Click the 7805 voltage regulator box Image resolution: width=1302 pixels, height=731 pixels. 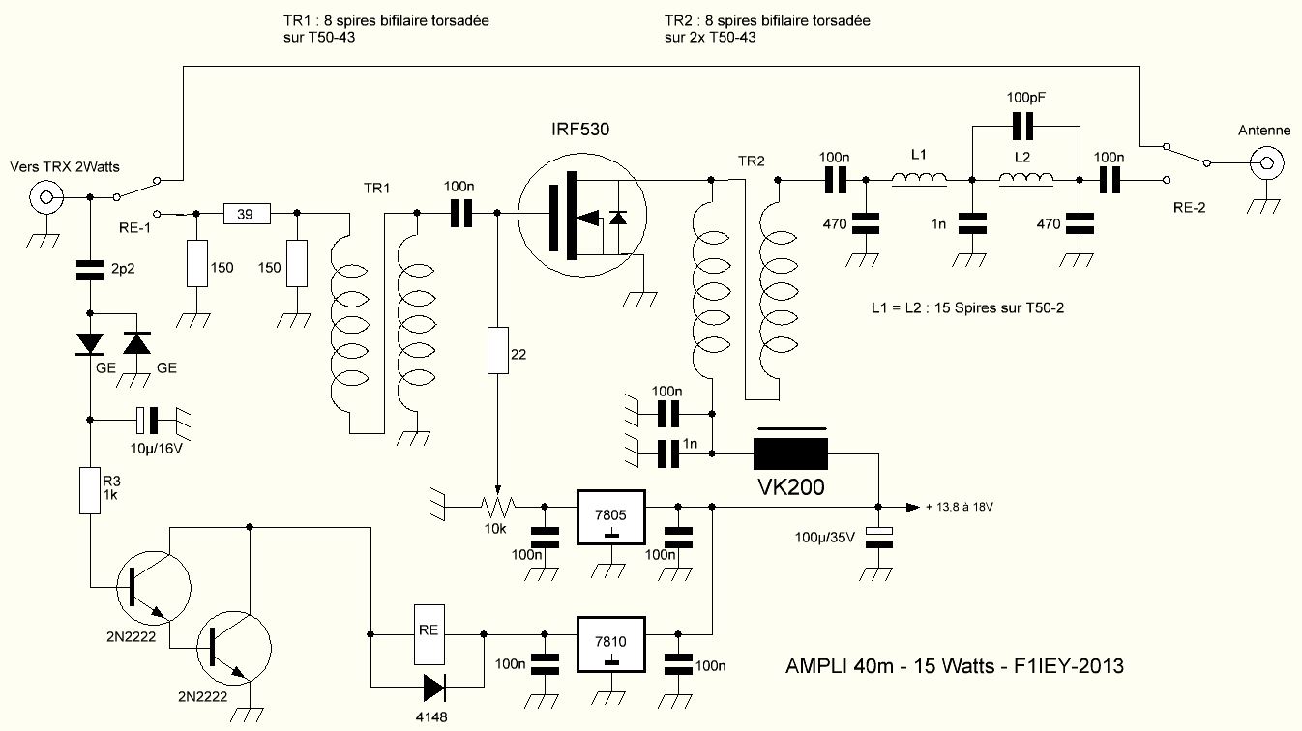(611, 517)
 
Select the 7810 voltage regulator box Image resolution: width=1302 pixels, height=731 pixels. (611, 644)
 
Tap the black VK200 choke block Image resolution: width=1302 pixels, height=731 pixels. (790, 453)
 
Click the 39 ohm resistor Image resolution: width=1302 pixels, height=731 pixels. (247, 214)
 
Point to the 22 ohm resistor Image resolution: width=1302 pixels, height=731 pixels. (497, 350)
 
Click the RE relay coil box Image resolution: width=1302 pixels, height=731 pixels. (429, 634)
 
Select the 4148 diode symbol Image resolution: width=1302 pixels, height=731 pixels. (434, 688)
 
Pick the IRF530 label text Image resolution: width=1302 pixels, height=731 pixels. (580, 129)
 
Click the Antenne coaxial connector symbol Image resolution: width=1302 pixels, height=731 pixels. (1268, 162)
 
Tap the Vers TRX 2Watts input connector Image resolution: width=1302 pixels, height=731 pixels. (45, 197)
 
